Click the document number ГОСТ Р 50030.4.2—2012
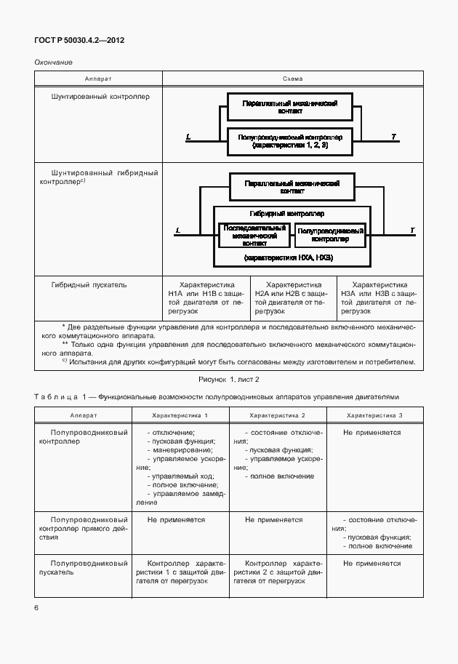(79, 41)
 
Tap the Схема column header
(292, 79)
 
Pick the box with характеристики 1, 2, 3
(290, 141)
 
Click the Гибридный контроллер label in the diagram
(286, 214)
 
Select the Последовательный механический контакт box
(254, 235)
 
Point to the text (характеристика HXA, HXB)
(289, 257)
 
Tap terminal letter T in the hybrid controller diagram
(412, 231)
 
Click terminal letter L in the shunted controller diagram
(188, 136)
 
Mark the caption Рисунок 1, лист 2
(229, 379)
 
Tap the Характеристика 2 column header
(277, 415)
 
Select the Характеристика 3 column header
(374, 415)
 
